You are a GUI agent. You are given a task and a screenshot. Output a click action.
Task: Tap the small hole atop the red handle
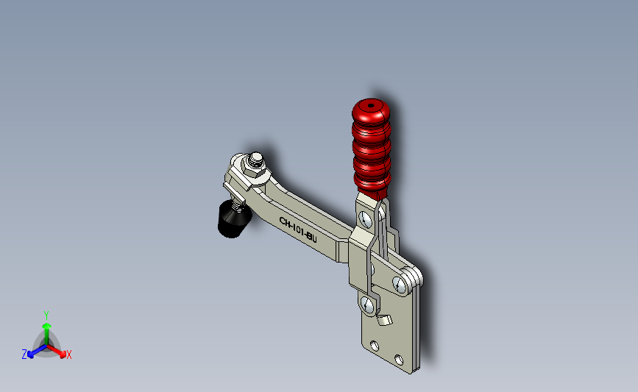(x=371, y=106)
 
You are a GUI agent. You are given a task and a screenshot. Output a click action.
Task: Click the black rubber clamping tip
(x=234, y=220)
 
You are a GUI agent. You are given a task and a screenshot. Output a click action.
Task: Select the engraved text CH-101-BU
(x=298, y=230)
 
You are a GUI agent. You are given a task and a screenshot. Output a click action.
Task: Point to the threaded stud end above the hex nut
(x=256, y=159)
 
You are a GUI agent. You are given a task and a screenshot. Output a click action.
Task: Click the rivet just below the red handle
(x=366, y=220)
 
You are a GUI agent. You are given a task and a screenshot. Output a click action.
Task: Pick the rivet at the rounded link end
(x=400, y=285)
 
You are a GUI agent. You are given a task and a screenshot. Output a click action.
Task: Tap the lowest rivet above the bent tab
(x=368, y=305)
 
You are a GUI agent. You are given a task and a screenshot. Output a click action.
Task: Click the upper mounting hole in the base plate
(x=375, y=346)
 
